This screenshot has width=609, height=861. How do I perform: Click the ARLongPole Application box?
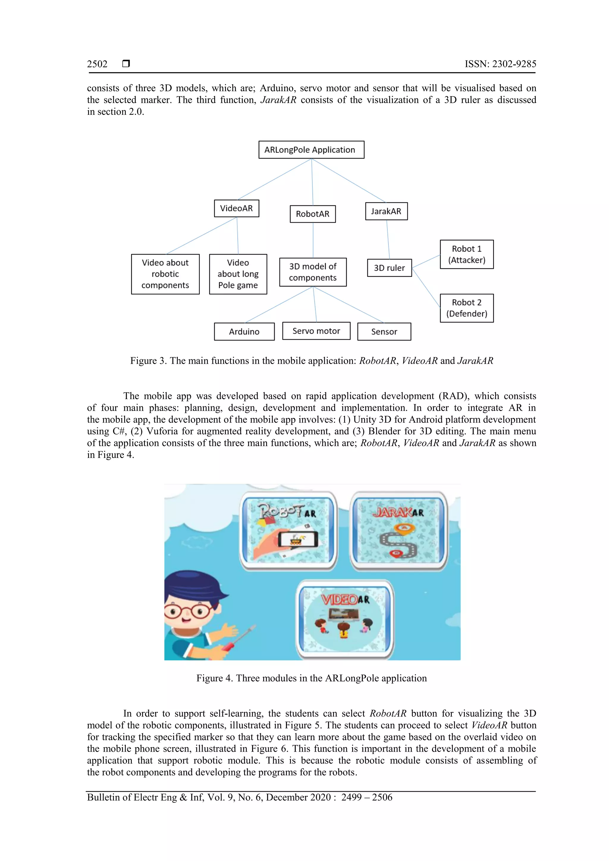click(311, 149)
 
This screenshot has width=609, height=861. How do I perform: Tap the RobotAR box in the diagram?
click(313, 214)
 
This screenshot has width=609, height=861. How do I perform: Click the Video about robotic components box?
click(165, 274)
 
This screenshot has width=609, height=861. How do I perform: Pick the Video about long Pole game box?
click(238, 274)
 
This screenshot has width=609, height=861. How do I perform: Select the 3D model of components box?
click(313, 272)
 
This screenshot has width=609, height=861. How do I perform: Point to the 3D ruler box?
click(389, 268)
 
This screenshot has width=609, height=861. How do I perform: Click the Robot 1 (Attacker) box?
click(466, 254)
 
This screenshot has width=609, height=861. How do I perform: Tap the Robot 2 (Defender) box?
click(466, 308)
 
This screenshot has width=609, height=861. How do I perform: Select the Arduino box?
click(244, 331)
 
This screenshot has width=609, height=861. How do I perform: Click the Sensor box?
click(384, 331)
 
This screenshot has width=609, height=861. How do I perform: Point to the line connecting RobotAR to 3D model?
click(313, 240)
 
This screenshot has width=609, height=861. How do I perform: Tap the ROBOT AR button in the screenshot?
click(288, 531)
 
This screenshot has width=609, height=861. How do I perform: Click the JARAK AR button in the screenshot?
click(398, 531)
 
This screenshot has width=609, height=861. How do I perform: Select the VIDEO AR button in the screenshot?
click(344, 619)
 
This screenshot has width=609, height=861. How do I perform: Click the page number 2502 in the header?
click(97, 64)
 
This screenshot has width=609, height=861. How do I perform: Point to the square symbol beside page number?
click(126, 63)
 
